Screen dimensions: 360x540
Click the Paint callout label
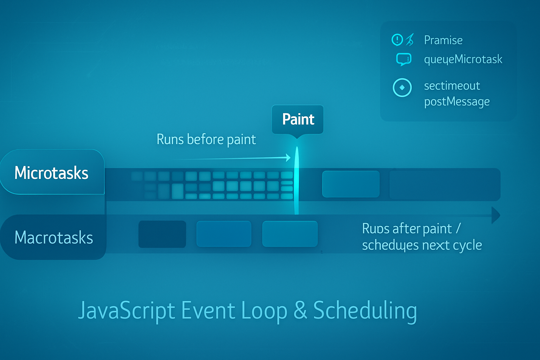click(x=298, y=119)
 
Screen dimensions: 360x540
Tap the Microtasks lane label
click(x=51, y=173)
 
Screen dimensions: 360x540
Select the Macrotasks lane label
click(x=53, y=238)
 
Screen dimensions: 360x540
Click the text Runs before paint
click(x=206, y=140)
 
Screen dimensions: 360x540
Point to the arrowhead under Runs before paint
click(x=288, y=157)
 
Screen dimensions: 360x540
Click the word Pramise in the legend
click(x=443, y=40)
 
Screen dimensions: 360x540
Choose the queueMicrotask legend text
click(x=463, y=59)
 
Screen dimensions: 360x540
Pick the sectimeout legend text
click(x=452, y=86)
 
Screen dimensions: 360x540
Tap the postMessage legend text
click(x=457, y=102)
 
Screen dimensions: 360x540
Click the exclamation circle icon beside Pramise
click(x=397, y=40)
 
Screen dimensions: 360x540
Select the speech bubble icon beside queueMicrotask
click(x=403, y=59)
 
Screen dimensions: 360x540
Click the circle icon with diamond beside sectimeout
click(x=402, y=88)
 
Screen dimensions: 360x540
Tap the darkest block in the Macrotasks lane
click(x=162, y=234)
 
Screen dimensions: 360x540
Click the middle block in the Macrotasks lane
click(x=224, y=234)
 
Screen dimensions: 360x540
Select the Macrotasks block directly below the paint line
click(x=290, y=234)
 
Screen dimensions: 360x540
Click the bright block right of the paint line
click(x=351, y=184)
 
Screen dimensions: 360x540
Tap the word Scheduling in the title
click(x=365, y=311)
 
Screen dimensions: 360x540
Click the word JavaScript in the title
click(x=127, y=311)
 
